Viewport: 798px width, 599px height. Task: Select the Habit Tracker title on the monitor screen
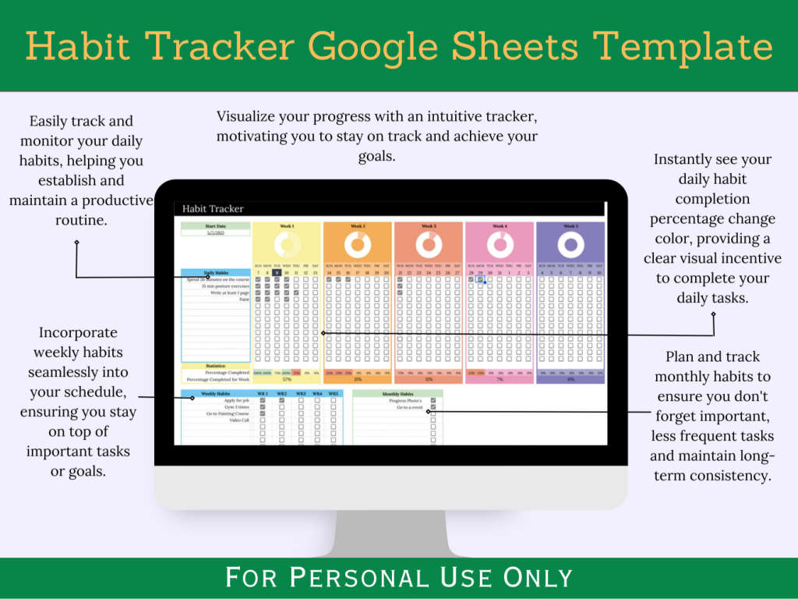point(213,209)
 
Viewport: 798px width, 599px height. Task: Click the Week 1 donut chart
point(287,245)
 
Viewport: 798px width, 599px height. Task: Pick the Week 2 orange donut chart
point(358,245)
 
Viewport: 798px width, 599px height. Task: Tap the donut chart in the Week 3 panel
point(429,245)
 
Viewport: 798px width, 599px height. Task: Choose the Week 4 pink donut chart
point(500,245)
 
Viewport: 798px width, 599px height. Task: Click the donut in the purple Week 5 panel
point(570,245)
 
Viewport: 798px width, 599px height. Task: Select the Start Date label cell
point(216,226)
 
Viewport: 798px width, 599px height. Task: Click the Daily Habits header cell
point(216,272)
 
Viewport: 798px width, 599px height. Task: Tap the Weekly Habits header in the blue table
point(215,394)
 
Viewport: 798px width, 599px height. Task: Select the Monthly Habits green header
point(397,394)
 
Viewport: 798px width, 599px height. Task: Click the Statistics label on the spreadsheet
point(216,366)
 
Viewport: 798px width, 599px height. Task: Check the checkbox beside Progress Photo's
point(433,401)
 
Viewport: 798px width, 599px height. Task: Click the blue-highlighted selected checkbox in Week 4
point(481,279)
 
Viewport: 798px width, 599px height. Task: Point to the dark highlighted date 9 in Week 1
point(277,272)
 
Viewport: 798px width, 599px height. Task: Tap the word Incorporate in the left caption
point(76,332)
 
